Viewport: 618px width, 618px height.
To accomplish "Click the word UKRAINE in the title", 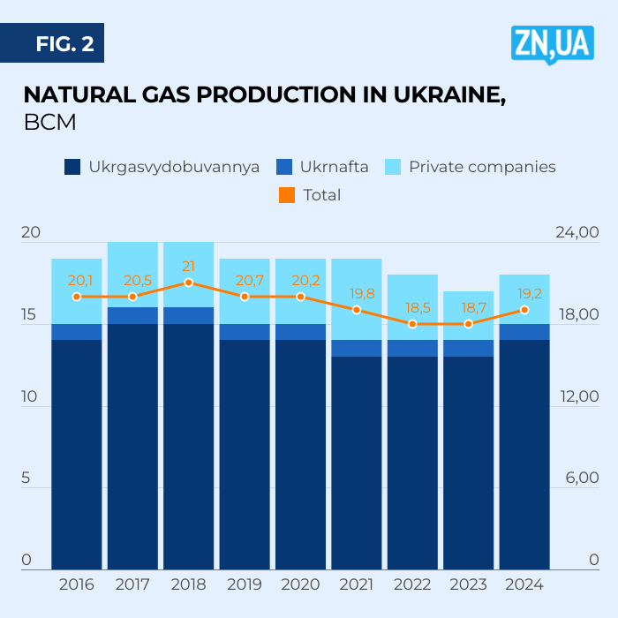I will (x=438, y=95).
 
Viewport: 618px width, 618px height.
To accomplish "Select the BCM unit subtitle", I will (x=49, y=123).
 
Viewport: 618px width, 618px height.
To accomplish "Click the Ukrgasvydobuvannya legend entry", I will (x=162, y=167).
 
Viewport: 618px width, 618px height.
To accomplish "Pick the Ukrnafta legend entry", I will (x=322, y=167).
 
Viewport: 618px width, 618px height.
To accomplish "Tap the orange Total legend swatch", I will (x=286, y=195).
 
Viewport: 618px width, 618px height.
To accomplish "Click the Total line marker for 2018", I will (x=189, y=283).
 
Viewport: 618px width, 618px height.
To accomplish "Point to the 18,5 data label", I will (x=412, y=308).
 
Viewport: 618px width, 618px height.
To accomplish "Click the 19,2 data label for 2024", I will (x=524, y=293).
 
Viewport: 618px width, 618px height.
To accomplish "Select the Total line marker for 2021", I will (x=357, y=310).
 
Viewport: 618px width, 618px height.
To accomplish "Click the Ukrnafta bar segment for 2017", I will (x=132, y=315).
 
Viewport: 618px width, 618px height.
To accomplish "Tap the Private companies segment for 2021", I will (x=357, y=299).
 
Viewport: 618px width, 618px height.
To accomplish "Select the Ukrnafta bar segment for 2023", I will (x=469, y=348).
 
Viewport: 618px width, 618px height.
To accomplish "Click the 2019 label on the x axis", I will (x=245, y=584).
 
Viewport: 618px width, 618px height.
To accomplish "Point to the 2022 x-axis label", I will (x=412, y=584).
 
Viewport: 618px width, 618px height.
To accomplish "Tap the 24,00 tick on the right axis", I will (x=577, y=233).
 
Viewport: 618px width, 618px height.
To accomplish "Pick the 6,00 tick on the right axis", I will (x=580, y=479).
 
